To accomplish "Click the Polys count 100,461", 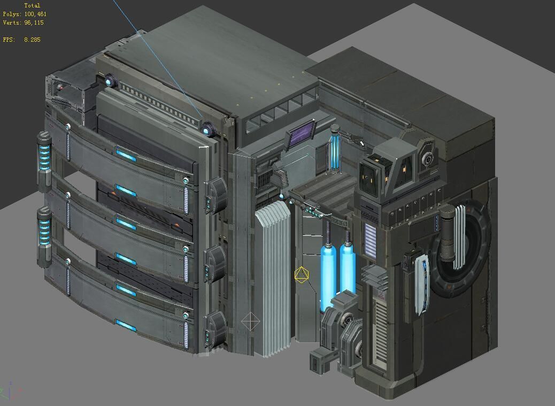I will [x=35, y=14].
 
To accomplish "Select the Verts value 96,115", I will [x=34, y=23].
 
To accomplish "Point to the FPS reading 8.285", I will [x=32, y=40].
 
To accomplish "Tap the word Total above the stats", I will [x=32, y=5].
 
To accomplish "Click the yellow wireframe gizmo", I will [x=301, y=275].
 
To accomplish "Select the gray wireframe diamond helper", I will [x=250, y=322].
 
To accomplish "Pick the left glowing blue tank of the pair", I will [x=328, y=275].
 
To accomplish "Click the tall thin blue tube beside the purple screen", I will [x=335, y=151].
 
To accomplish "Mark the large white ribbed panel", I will [x=273, y=281].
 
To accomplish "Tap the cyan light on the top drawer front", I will [x=126, y=156].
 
